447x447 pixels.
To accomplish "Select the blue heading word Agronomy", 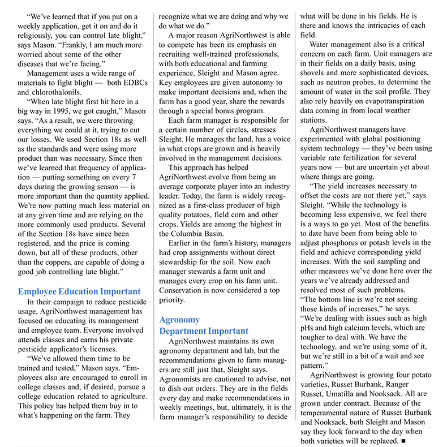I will (179, 320).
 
